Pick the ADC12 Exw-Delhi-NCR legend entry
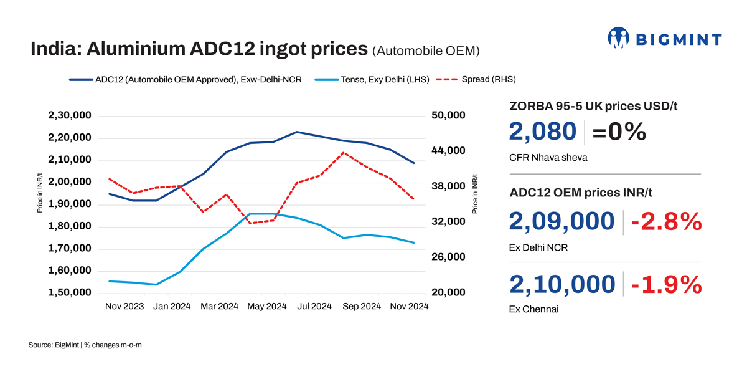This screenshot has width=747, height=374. click(x=186, y=79)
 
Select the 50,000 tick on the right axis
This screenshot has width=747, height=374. click(x=448, y=115)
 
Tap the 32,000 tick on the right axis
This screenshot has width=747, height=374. click(x=448, y=222)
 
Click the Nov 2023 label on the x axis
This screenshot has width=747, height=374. click(x=125, y=306)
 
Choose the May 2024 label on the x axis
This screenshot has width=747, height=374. click(x=267, y=306)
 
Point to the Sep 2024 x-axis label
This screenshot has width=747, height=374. click(x=362, y=306)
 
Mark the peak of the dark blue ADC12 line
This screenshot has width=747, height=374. click(x=297, y=132)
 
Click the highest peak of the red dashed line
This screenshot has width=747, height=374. click(x=344, y=152)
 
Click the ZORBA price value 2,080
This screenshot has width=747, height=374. click(x=543, y=132)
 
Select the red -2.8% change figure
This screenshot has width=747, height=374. click(x=666, y=222)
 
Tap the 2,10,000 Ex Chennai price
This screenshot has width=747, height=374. click(x=562, y=284)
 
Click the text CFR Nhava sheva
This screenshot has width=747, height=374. click(x=548, y=158)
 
